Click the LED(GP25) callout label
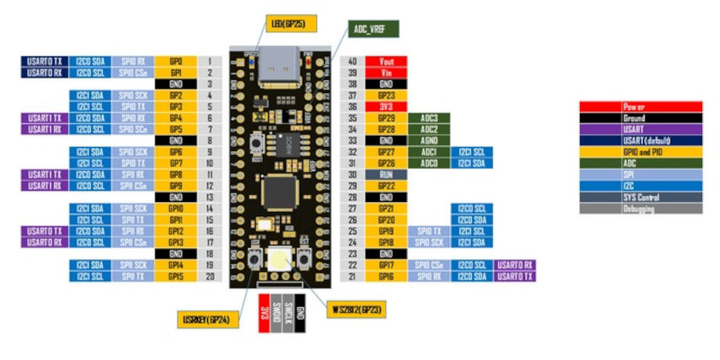[291, 23]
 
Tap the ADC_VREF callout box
[374, 29]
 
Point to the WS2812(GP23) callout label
[355, 311]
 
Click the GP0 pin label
[175, 61]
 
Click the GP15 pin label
[175, 276]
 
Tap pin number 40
[352, 61]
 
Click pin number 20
[210, 276]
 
